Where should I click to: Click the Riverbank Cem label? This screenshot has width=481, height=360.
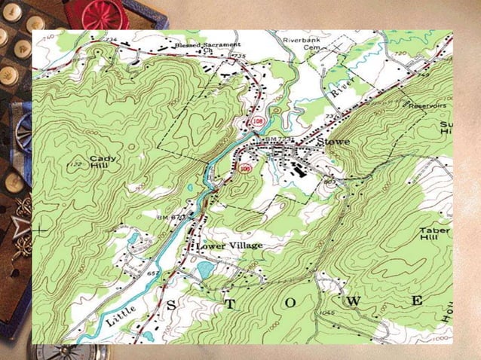click(x=305, y=42)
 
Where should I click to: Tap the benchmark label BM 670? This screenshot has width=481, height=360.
click(x=170, y=217)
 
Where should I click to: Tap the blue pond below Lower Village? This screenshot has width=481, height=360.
click(x=204, y=270)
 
